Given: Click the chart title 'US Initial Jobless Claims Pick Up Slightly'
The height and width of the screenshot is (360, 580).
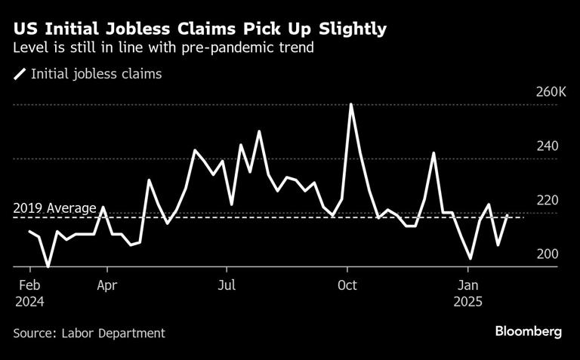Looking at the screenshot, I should point(200,29).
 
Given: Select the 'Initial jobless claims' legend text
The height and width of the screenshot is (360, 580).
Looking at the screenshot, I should point(96,74).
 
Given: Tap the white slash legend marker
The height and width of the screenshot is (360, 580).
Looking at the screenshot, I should point(20,74).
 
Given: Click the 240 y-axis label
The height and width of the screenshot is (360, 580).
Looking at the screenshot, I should point(548,146).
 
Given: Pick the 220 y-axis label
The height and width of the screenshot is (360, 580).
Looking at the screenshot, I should point(548,200).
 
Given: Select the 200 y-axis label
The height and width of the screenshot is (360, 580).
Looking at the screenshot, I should point(548,254).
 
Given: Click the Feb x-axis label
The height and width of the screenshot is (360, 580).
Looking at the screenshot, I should point(29,285).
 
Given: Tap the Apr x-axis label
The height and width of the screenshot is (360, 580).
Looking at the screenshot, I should point(106,285).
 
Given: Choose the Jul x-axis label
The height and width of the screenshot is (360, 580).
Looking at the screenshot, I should point(227,285).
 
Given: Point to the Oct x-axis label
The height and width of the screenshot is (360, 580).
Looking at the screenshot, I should point(347,285).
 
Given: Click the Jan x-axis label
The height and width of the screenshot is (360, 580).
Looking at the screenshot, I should point(469,285).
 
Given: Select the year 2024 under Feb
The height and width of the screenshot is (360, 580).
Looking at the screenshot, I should point(29,300).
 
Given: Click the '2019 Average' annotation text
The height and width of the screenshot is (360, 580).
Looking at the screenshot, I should point(54,208).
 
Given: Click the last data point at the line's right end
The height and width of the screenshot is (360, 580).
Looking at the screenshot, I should point(507,216).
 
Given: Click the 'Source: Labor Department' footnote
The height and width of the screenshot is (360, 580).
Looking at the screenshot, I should point(89,332).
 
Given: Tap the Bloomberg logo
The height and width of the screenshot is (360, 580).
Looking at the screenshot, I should point(529,331).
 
